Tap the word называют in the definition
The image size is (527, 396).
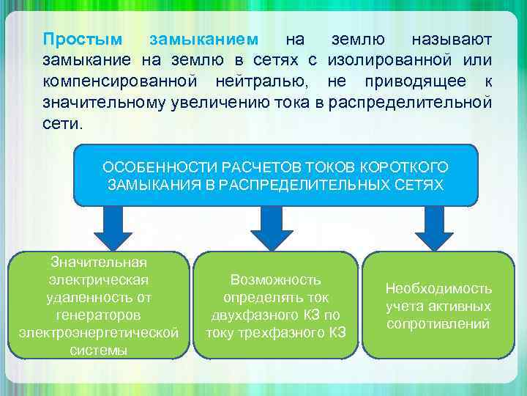pyautogui.click(x=452, y=38)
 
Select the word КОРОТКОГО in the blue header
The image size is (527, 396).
pyautogui.click(x=413, y=167)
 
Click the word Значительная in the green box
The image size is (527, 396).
pyautogui.click(x=99, y=262)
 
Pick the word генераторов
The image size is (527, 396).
pyautogui.click(x=99, y=315)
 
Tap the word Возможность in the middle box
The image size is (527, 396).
pyautogui.click(x=276, y=279)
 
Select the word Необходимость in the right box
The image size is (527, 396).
pyautogui.click(x=439, y=289)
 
